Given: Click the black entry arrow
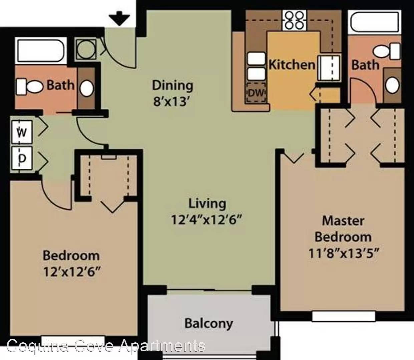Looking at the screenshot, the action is point(119,18).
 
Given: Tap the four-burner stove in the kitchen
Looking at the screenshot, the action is point(295,20).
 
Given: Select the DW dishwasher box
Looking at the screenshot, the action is point(256,93).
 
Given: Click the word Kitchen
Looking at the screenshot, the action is point(292,65).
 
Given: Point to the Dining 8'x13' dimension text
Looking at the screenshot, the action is point(172,101).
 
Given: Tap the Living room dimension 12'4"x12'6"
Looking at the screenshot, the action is point(206,220).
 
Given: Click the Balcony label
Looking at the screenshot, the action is point(209,324).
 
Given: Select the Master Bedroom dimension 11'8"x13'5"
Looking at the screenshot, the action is point(343,253).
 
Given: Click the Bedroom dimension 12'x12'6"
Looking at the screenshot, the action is point(72,272).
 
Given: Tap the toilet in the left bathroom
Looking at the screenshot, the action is point(30,87).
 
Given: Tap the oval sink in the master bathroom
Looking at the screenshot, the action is point(393,85).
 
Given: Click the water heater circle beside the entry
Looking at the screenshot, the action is point(86,50).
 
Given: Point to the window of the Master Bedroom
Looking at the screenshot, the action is point(344,316).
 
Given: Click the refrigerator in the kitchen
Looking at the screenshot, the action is point(329,68).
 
